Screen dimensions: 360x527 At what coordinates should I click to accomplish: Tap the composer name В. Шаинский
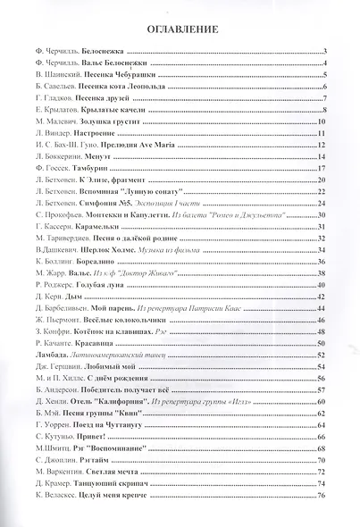coord(49,76)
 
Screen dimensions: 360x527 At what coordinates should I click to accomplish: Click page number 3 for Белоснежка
coord(327,54)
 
